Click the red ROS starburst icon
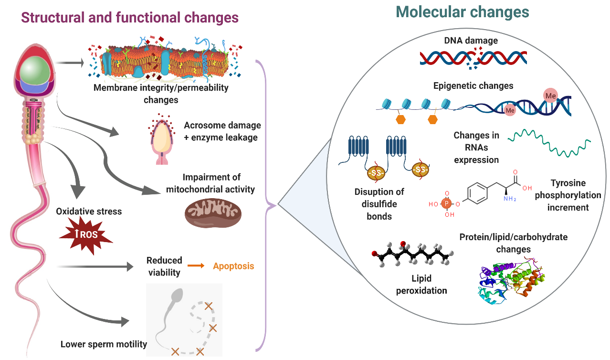tap(86, 235)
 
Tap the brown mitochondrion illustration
tap(213, 213)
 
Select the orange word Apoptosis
tap(233, 266)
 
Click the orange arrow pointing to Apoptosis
tap(196, 266)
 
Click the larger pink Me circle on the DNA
tap(550, 95)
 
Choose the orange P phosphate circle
tap(446, 203)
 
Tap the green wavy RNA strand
tap(549, 143)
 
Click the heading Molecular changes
tap(462, 12)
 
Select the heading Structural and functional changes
tap(130, 18)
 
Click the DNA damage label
tap(471, 40)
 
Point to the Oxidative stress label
tap(89, 212)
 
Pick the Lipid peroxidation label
tap(421, 284)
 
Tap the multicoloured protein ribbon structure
tap(511, 280)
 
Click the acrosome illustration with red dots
tap(162, 139)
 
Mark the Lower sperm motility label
tap(104, 344)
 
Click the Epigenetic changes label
tap(473, 86)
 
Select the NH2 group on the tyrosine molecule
tap(510, 199)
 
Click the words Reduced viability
tap(164, 266)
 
